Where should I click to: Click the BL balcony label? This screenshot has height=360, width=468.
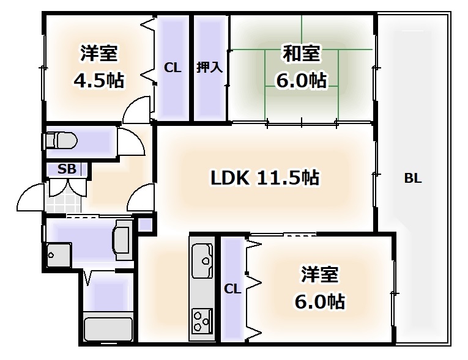tap(413, 179)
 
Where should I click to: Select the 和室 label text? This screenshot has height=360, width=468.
tap(300, 54)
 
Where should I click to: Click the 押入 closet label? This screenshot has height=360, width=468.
tap(209, 68)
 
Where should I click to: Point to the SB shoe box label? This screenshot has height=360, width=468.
tap(67, 170)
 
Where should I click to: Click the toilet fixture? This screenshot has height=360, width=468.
tap(62, 141)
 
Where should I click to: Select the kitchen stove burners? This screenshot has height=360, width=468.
tap(201, 318)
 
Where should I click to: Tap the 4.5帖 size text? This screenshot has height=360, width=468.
tap(98, 80)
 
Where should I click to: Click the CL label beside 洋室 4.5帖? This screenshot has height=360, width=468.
tap(173, 68)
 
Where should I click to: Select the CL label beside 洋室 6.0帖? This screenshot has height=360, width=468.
tap(232, 288)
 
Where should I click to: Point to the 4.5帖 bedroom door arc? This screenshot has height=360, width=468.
tap(136, 111)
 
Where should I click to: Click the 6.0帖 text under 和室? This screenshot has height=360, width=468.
tap(300, 80)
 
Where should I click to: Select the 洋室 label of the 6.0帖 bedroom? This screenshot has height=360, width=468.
tap(319, 274)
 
